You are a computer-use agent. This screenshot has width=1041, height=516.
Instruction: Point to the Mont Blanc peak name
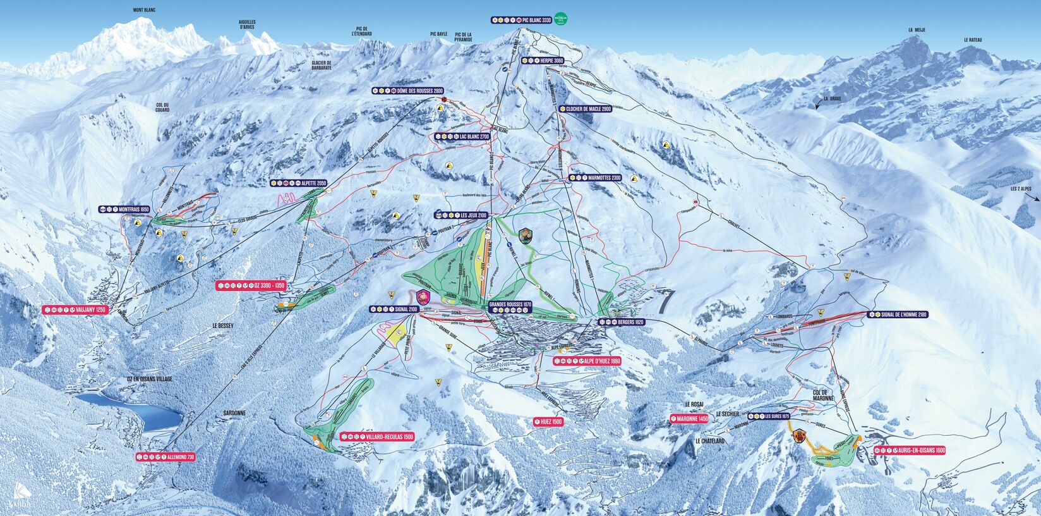(x=144, y=10)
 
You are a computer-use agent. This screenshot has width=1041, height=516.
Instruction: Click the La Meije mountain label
(x=917, y=30)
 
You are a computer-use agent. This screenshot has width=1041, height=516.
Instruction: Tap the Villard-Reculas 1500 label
(x=377, y=436)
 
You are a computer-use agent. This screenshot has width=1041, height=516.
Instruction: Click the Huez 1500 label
(x=548, y=421)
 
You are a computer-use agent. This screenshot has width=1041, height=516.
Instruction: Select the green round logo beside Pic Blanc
(x=562, y=19)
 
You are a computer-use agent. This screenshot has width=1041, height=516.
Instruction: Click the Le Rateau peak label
(x=973, y=40)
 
